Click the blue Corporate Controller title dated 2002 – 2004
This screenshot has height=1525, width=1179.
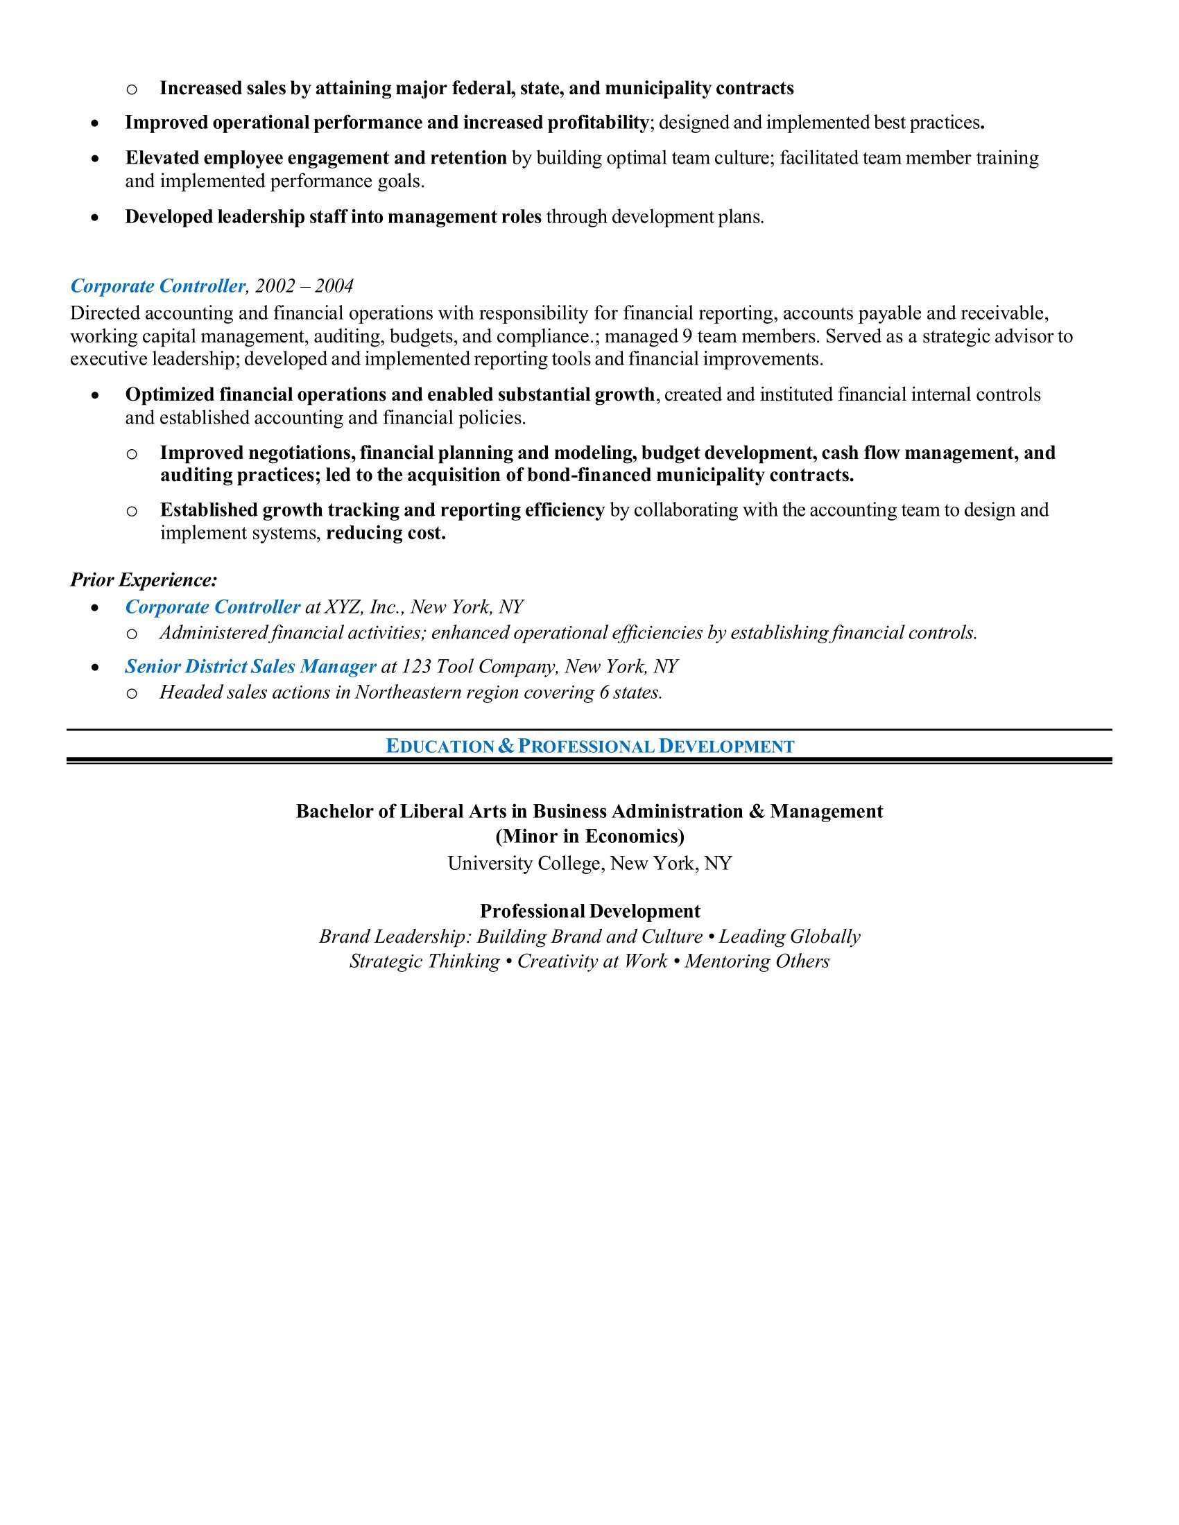click(x=158, y=286)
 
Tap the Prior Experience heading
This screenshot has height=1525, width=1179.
click(x=144, y=580)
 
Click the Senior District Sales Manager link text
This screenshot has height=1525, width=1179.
click(x=251, y=667)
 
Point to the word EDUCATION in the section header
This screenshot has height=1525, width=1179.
click(x=440, y=747)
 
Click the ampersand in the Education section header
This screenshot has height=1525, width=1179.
click(x=506, y=747)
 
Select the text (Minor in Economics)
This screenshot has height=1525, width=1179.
click(x=589, y=837)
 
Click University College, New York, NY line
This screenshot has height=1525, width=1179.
click(x=589, y=864)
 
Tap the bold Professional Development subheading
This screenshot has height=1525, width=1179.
click(x=589, y=912)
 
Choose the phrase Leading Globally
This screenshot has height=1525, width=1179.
click(x=789, y=937)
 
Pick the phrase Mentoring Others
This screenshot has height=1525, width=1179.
click(x=757, y=961)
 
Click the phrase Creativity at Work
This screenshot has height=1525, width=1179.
click(x=592, y=961)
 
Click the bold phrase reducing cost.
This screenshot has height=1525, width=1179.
click(x=386, y=534)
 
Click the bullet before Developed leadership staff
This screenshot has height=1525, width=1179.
click(x=95, y=218)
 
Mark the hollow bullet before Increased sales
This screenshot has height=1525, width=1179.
click(x=131, y=89)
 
